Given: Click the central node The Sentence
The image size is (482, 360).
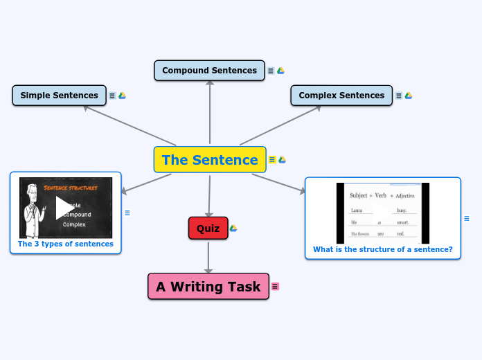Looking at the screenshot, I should coord(210,160).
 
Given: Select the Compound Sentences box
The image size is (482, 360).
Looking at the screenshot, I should coord(209,71).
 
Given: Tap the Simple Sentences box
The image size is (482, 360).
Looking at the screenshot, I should coord(59,96).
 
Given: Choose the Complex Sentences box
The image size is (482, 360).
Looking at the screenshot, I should coord(341,96).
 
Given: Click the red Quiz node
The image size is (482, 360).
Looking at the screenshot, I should coord(208,228).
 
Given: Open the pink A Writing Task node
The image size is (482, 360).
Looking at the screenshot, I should coord(208,287).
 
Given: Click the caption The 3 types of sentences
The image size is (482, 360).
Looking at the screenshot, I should coord(66,244).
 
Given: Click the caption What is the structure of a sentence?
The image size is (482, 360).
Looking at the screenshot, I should coord(382,249).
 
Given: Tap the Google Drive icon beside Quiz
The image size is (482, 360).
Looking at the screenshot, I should coord(233,228).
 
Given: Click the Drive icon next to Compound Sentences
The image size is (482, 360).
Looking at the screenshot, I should coord(281,71).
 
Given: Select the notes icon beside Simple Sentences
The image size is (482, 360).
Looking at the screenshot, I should coord(112,96).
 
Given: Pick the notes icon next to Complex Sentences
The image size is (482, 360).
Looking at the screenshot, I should coord(399,96).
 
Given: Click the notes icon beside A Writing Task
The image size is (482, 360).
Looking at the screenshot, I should coord(275,287).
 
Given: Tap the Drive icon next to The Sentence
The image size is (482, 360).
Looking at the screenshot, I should coord(282,160).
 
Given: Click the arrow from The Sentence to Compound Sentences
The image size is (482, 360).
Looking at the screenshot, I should coord(210,111).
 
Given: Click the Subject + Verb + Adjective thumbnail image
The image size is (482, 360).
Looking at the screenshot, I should coord(382,210).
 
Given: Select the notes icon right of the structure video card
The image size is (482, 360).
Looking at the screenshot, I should coord(467,219).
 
